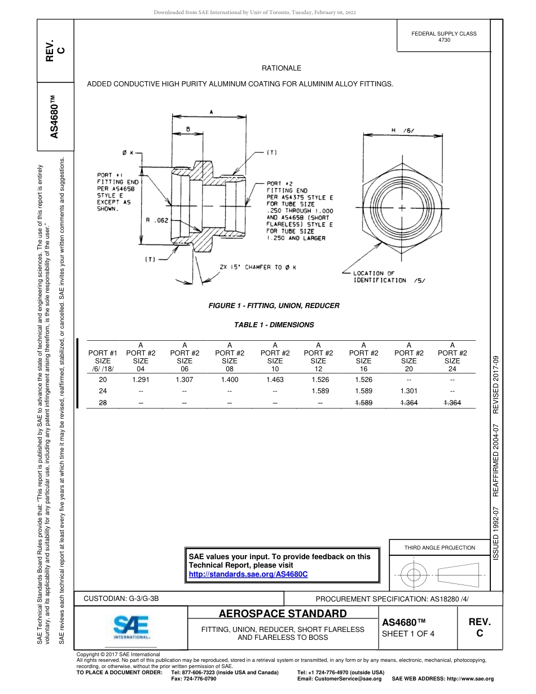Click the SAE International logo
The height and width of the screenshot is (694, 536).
click(131, 626)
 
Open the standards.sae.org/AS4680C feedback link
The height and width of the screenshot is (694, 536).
click(248, 574)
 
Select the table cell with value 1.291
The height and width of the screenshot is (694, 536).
click(140, 380)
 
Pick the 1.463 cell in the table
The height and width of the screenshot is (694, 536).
click(275, 380)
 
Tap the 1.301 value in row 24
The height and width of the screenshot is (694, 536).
click(408, 390)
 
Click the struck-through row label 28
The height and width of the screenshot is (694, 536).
click(103, 402)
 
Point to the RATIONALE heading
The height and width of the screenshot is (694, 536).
click(282, 68)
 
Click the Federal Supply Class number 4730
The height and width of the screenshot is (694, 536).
click(444, 41)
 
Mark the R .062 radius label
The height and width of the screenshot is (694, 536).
click(157, 221)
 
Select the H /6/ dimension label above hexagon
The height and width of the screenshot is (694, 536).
click(402, 130)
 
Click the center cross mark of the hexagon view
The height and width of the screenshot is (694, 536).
click(401, 208)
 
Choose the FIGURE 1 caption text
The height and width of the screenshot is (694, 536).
click(274, 306)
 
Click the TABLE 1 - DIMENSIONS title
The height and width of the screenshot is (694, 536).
click(274, 325)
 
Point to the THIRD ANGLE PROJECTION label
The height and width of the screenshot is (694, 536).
click(440, 547)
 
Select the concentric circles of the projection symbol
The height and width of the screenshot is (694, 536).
click(414, 576)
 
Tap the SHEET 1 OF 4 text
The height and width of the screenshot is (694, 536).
click(408, 634)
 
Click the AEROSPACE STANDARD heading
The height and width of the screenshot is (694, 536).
click(283, 613)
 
